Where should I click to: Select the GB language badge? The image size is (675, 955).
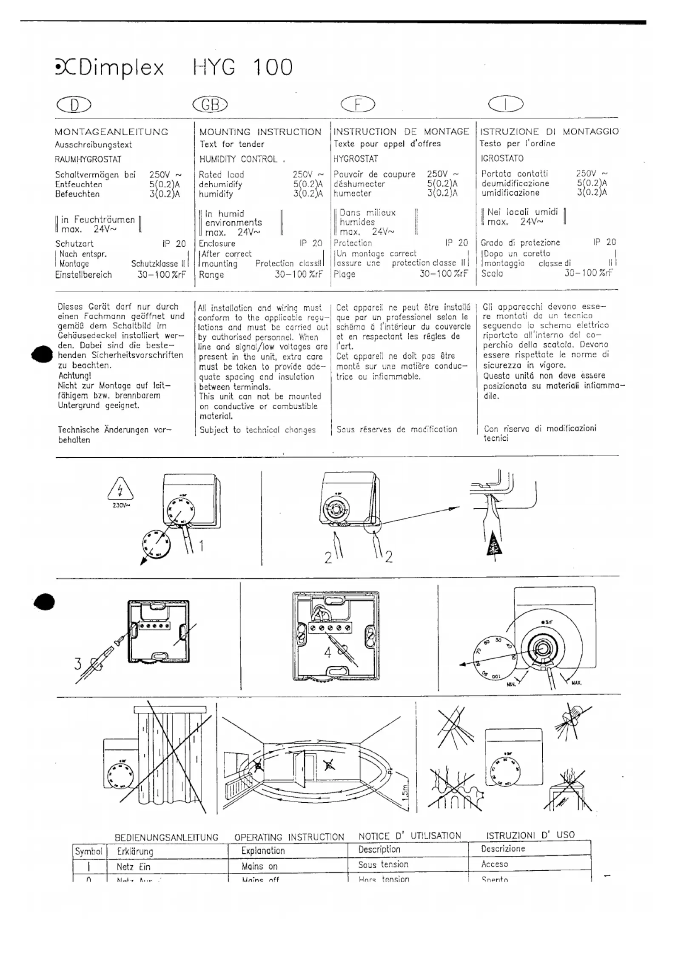click(210, 104)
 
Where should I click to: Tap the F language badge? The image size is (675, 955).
click(358, 104)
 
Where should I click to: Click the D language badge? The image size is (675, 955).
click(74, 105)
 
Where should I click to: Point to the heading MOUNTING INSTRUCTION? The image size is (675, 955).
click(260, 132)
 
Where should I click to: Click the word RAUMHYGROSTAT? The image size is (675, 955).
click(88, 160)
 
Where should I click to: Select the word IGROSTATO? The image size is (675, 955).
click(502, 158)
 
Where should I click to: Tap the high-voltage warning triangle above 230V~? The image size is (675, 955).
click(120, 489)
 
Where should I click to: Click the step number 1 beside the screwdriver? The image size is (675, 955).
click(201, 546)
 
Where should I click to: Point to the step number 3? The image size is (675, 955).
click(78, 664)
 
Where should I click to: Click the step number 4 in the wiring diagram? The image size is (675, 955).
click(327, 653)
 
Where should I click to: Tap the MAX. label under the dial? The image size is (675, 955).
click(576, 683)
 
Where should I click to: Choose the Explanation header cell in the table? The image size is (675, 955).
click(263, 851)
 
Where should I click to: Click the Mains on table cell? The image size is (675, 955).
click(259, 867)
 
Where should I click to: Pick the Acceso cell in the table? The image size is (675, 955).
click(494, 864)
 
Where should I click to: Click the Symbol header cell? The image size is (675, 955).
click(88, 851)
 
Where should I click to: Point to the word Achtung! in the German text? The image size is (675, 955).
click(74, 376)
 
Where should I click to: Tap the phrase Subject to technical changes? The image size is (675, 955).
click(257, 430)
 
